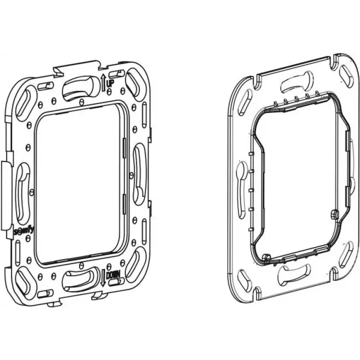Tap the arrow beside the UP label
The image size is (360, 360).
pyautogui.click(x=103, y=82)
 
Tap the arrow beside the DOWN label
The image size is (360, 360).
pyautogui.click(x=103, y=278)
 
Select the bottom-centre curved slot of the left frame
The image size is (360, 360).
pyautogui.click(x=79, y=279)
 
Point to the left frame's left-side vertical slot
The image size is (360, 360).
pyautogui.click(x=23, y=193)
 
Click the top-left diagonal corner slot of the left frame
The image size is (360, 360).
pyautogui.click(x=25, y=103)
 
